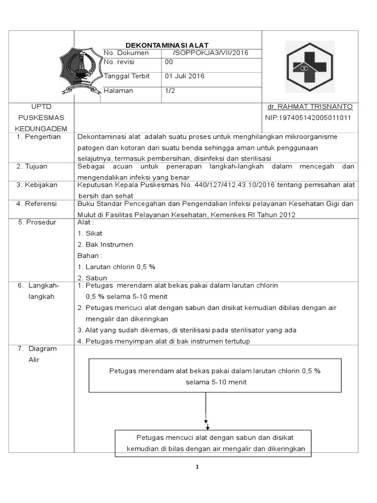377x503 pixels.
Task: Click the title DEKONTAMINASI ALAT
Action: coord(168,45)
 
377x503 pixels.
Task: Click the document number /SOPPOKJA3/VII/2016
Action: coord(211,53)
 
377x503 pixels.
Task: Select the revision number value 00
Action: coord(169,62)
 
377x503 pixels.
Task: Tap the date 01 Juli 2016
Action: coord(185,76)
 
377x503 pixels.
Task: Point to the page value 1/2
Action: coord(170,91)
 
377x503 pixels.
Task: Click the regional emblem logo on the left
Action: coord(81,70)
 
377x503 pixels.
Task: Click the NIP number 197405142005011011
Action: coord(308,118)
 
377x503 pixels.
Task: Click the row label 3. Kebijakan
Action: coord(37,185)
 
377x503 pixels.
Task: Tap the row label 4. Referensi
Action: coord(37,204)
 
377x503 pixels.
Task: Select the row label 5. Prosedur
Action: coord(37,223)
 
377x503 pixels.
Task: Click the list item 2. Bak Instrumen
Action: coord(105,245)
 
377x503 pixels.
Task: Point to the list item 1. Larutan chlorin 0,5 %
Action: coord(116,267)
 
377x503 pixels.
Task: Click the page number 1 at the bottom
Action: coord(196,467)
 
